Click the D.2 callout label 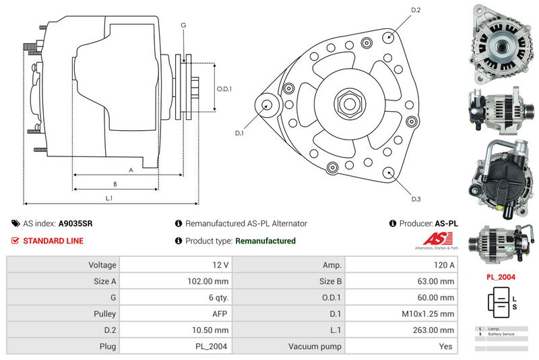point(416,10)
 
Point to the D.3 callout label point(416,199)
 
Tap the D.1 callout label point(239,133)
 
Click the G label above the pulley point(183,26)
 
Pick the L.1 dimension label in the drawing point(109,198)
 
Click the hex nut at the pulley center point(350,104)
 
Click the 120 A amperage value point(445,266)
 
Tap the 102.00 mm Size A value point(212,282)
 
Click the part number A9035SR point(75,223)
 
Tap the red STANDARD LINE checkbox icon point(15,241)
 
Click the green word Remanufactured point(265,241)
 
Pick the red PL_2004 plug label point(501,277)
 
